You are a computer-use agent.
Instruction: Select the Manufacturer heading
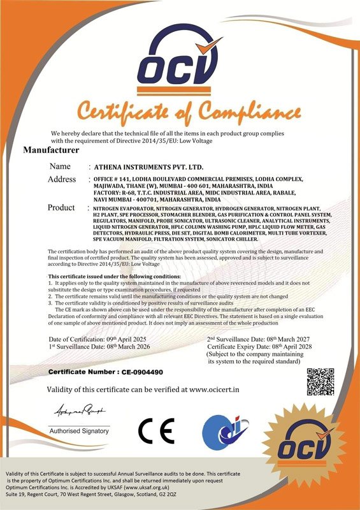point(51,151)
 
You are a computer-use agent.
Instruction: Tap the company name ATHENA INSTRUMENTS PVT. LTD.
point(136,166)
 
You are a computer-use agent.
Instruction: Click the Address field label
point(62,179)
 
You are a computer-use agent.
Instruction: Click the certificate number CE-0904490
point(139,370)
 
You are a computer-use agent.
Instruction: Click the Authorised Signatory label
point(79,431)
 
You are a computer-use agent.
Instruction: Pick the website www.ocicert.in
point(214,388)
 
